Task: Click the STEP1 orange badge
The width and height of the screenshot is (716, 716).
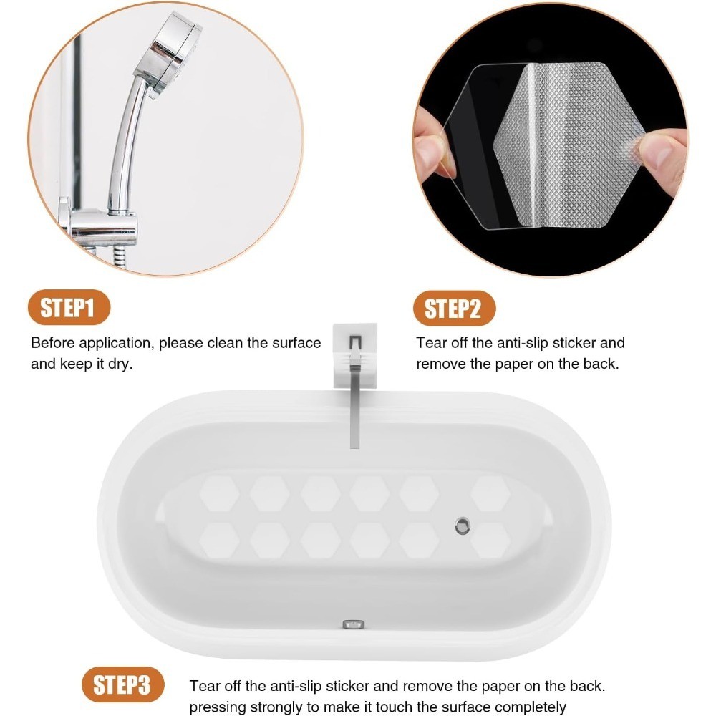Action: point(69,307)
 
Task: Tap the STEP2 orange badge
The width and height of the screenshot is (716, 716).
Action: point(454,308)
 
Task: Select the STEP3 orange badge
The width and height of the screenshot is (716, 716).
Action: point(122,684)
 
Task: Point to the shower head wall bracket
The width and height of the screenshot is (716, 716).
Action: point(100,227)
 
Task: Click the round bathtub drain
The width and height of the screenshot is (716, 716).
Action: point(462,526)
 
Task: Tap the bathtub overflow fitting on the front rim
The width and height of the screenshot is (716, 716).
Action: point(354,624)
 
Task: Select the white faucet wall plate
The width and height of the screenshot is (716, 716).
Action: point(355,355)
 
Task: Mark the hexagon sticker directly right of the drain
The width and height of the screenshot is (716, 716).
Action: point(490,541)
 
